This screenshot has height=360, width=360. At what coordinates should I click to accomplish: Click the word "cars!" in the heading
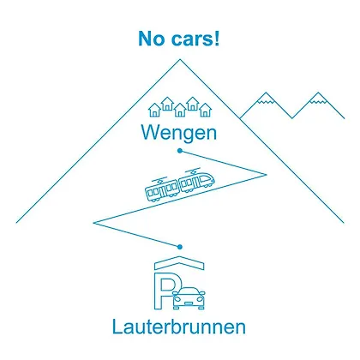(x=195, y=39)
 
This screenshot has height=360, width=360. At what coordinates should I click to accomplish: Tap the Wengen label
(x=179, y=133)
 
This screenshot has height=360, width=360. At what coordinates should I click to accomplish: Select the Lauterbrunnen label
(x=179, y=327)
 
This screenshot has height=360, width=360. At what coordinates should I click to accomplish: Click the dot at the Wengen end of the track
(x=180, y=151)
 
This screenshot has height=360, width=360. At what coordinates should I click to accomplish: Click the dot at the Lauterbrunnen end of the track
(x=179, y=247)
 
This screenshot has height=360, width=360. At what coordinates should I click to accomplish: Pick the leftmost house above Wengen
(x=154, y=111)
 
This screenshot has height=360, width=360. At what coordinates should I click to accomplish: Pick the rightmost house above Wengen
(x=205, y=111)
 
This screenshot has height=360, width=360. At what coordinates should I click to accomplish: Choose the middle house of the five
(x=180, y=111)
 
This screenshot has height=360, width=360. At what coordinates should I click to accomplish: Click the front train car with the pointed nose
(x=196, y=181)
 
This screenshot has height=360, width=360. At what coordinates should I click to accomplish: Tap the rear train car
(x=162, y=190)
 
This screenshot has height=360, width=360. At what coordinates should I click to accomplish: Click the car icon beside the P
(x=189, y=298)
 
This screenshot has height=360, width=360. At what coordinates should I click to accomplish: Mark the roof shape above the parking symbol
(x=179, y=262)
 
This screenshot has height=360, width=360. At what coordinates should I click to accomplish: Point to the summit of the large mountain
(x=180, y=59)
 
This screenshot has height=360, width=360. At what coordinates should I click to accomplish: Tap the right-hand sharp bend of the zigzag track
(x=267, y=175)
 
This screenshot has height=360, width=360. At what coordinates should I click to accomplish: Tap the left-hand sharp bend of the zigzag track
(x=93, y=223)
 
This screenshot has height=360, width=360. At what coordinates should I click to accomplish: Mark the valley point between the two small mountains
(x=292, y=117)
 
